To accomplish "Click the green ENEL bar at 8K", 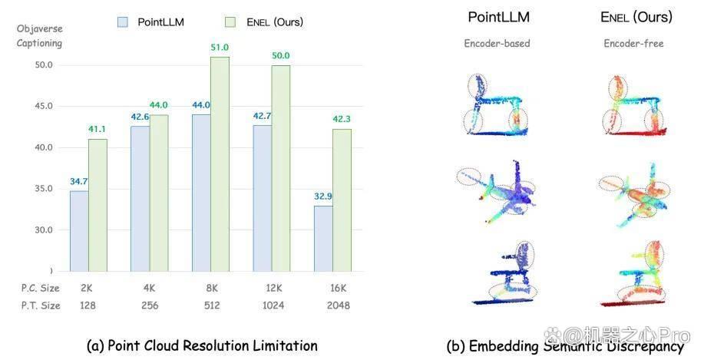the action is (220, 164).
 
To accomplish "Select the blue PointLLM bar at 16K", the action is (323, 239).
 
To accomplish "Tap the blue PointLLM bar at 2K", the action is (79, 231).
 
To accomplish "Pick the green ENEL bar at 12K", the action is (281, 169).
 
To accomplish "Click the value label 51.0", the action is (220, 47).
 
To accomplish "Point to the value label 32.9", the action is (323, 197).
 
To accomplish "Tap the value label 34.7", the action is (78, 181).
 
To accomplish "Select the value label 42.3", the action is (342, 119).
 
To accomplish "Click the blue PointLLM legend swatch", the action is (123, 22).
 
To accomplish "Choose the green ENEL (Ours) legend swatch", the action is (230, 22).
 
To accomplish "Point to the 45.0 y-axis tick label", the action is (44, 106).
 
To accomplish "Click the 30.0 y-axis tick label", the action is (44, 230).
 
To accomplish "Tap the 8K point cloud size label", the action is (212, 288).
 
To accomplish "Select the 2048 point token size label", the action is (338, 306).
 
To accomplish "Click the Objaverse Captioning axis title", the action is (39, 36).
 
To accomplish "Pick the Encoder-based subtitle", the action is (497, 44).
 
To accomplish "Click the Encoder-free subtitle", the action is (633, 44).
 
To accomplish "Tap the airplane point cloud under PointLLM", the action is (497, 192).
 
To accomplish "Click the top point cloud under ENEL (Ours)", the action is (634, 105).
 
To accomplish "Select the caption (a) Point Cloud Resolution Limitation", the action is (202, 345).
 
